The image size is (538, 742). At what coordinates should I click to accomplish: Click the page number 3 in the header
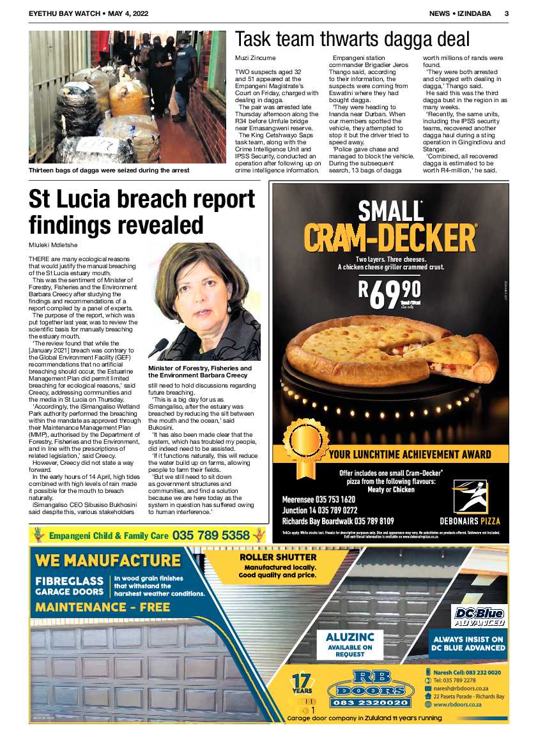(506, 13)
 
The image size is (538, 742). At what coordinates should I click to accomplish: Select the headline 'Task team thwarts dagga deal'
(352, 40)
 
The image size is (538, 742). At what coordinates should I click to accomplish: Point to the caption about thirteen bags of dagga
(109, 170)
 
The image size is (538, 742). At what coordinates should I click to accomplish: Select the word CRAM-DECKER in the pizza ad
(390, 237)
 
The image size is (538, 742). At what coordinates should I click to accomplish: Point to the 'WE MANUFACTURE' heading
(108, 561)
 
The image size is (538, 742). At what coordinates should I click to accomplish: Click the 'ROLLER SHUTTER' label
(277, 557)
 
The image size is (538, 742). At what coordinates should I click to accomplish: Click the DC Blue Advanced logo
(478, 616)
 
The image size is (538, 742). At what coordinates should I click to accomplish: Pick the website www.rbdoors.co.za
(457, 704)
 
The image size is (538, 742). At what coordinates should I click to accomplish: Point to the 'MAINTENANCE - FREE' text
(102, 607)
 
